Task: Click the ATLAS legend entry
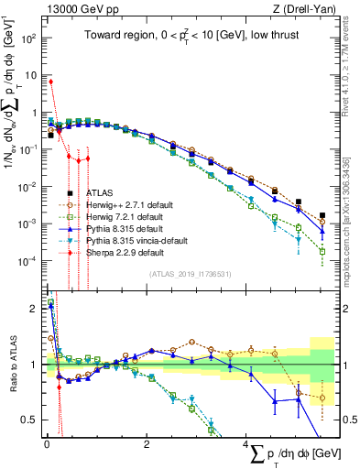[x=101, y=193]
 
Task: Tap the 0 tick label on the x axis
[x=47, y=442]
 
